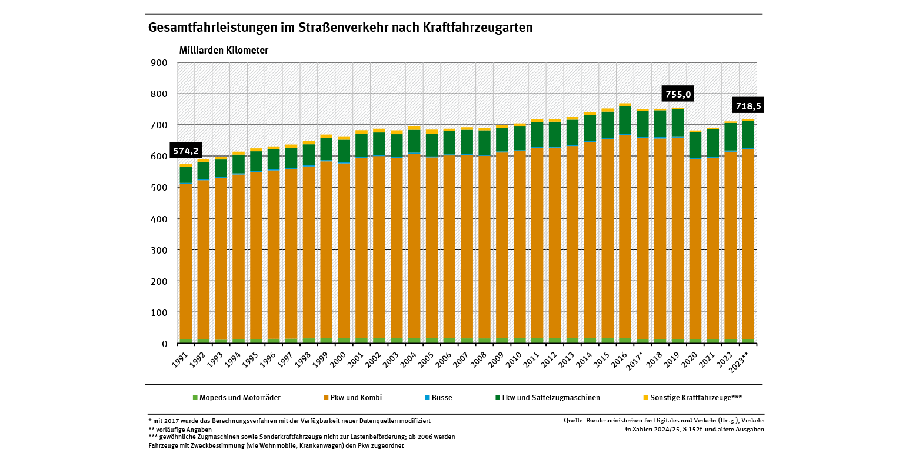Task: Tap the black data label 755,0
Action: click(x=678, y=94)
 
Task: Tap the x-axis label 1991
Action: click(x=181, y=359)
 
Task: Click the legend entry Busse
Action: click(x=442, y=398)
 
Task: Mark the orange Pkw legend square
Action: click(x=326, y=398)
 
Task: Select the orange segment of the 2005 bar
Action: click(x=432, y=247)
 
